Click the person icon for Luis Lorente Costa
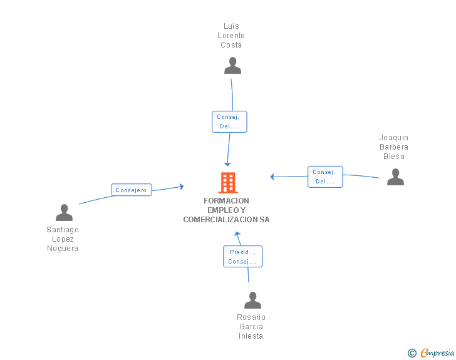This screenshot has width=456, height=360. [x=232, y=66]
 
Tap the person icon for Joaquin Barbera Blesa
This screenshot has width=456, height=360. [x=395, y=177]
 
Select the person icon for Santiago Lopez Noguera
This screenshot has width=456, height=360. [x=64, y=213]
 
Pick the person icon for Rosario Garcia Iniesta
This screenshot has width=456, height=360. [x=252, y=300]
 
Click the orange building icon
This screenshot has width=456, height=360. [x=228, y=183]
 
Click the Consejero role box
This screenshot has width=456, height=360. [x=131, y=190]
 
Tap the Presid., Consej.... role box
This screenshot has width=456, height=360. [x=242, y=257]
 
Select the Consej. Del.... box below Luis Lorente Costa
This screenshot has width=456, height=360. [x=229, y=122]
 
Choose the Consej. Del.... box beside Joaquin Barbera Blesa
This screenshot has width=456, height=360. [x=325, y=177]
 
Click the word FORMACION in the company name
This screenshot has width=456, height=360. [x=226, y=201]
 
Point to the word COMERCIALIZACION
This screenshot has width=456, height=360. [x=220, y=220]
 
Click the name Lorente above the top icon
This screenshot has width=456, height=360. [x=231, y=36]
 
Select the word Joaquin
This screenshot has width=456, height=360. [x=393, y=138]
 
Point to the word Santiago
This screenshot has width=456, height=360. [x=63, y=230]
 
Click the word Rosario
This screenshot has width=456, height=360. [x=251, y=317]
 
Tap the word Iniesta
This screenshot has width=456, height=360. [x=251, y=336]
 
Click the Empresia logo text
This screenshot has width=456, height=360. [x=437, y=352]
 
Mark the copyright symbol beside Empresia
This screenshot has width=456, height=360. [x=412, y=353]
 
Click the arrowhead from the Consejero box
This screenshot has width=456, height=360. [x=182, y=187]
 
